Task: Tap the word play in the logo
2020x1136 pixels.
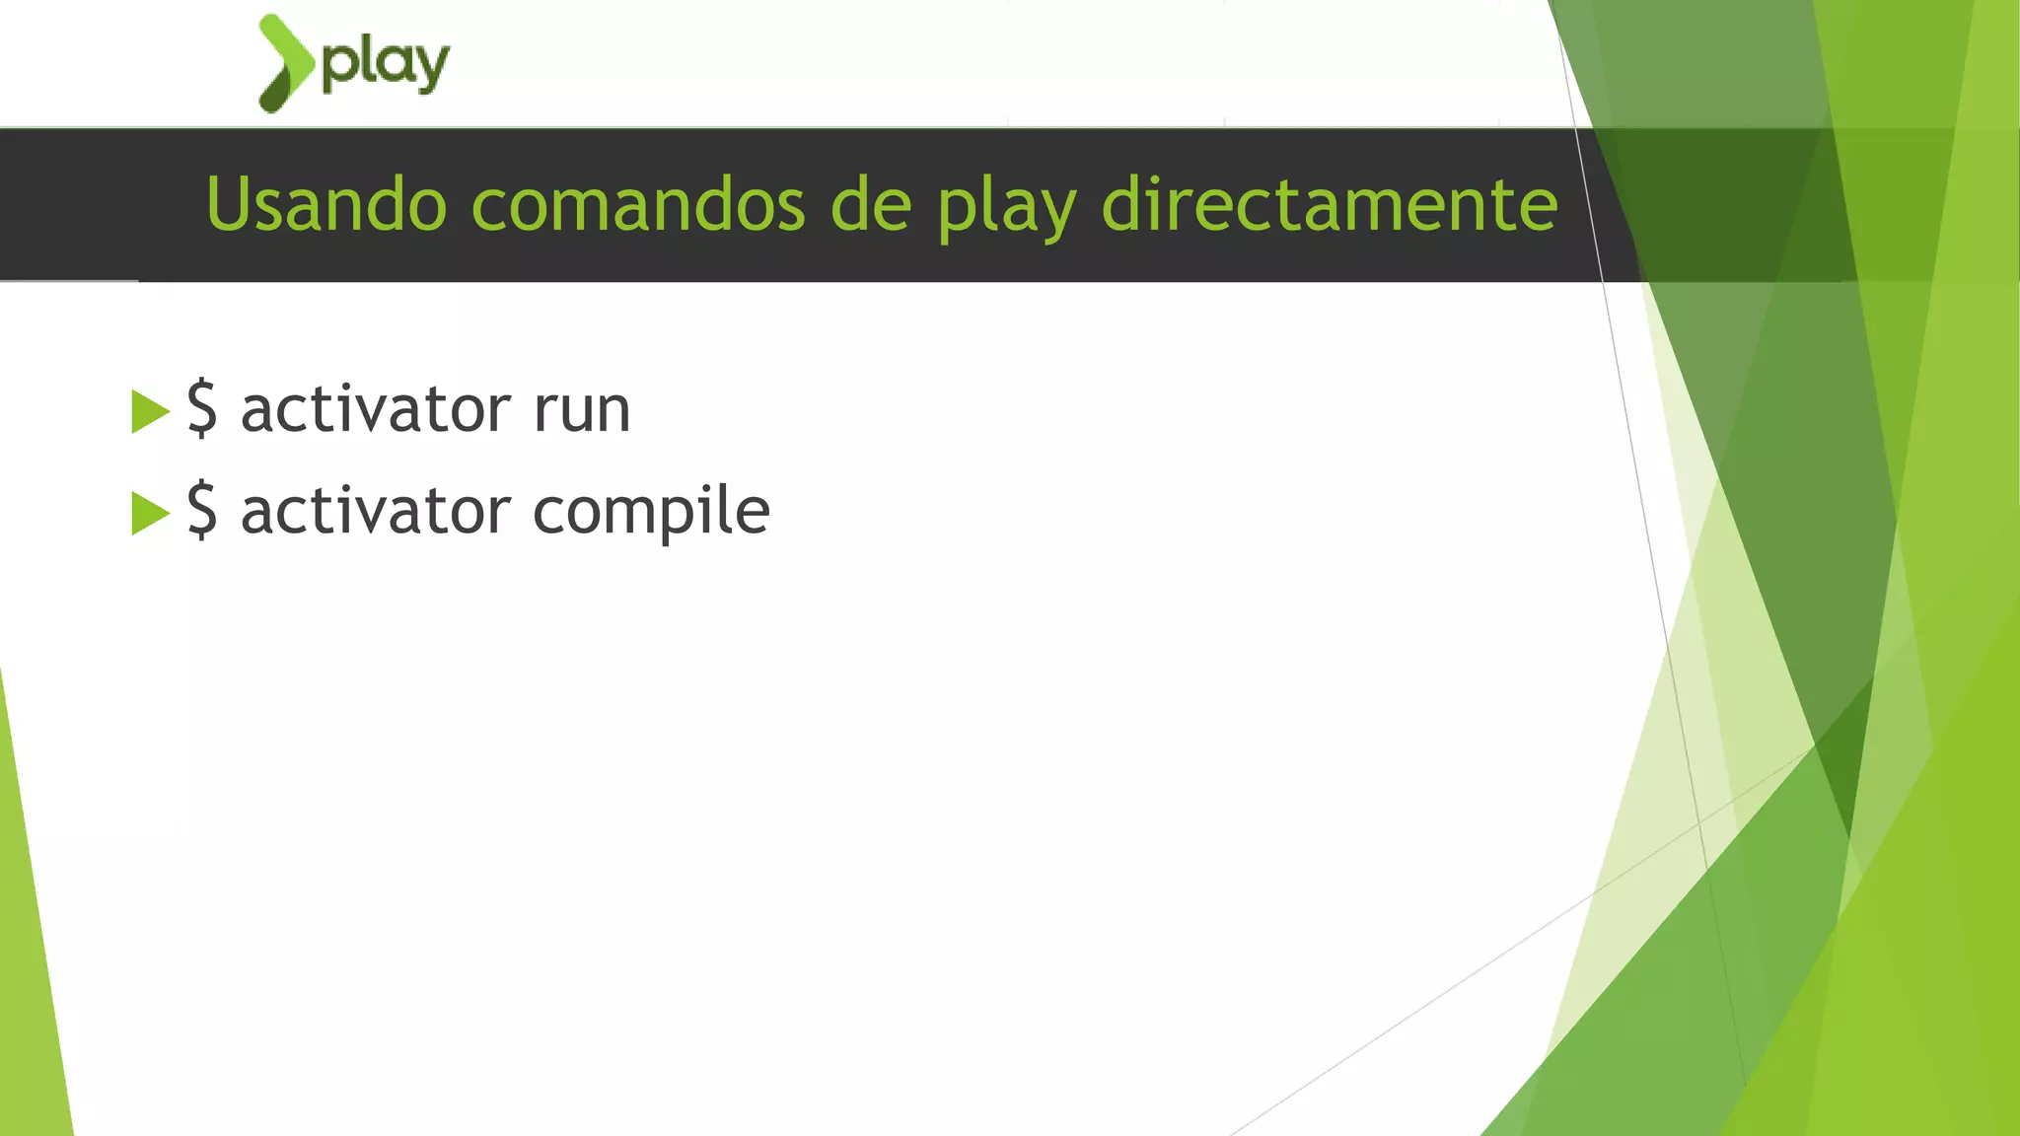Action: point(386,66)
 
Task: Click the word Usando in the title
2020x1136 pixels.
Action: point(326,204)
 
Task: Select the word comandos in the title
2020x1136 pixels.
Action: point(638,204)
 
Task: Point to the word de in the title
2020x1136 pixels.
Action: point(871,204)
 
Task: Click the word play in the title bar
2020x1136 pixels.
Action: point(1006,207)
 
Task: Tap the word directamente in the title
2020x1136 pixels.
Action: point(1329,204)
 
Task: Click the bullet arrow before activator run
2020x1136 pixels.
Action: point(150,411)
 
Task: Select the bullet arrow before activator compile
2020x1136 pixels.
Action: point(150,513)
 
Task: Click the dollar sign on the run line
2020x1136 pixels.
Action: point(202,407)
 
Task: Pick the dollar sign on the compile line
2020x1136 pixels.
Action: point(202,510)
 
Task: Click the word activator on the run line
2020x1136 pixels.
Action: point(376,409)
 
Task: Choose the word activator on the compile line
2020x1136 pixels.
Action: point(376,511)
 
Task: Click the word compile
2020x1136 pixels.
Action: point(651,512)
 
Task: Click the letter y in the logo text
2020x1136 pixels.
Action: point(430,69)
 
